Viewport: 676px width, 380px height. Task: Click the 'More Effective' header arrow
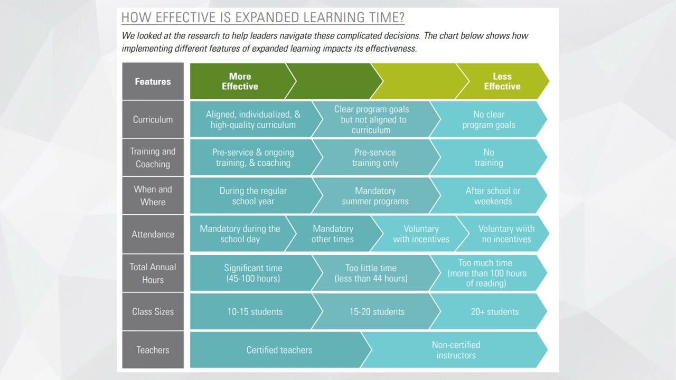(x=240, y=82)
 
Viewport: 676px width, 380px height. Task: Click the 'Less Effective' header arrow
(x=502, y=82)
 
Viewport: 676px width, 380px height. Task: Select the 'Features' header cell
(x=153, y=82)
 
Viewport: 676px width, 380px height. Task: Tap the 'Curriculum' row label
(x=153, y=120)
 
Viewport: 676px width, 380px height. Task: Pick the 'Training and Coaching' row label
(x=153, y=158)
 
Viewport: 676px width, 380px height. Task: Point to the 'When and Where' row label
(x=153, y=196)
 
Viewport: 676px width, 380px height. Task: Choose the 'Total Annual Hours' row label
(x=153, y=273)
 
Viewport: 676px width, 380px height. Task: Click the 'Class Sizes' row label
(x=153, y=311)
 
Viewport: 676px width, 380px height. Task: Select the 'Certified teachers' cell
(x=279, y=350)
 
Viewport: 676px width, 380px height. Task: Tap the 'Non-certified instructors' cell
(x=456, y=350)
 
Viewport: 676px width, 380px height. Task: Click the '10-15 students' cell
(x=255, y=311)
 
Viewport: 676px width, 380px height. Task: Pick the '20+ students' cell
(x=494, y=311)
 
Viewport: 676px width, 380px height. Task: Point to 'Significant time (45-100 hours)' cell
(x=253, y=273)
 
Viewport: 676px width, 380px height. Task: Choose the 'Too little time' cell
(x=371, y=273)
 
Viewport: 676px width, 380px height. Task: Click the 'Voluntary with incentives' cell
(x=420, y=234)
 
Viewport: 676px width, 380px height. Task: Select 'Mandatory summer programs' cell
(x=375, y=196)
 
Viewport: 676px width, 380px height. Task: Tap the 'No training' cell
(x=489, y=158)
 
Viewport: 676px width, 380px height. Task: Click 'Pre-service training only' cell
(x=375, y=158)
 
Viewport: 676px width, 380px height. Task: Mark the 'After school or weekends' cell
(x=492, y=196)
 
